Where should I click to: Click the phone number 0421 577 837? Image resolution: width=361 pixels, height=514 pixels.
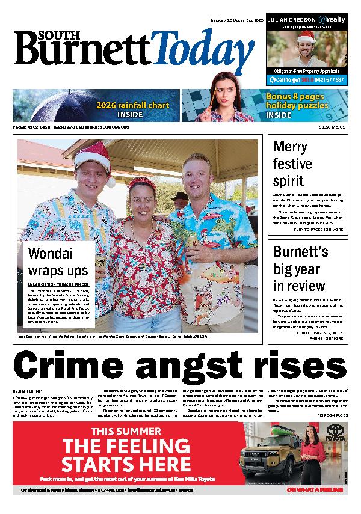point(323,79)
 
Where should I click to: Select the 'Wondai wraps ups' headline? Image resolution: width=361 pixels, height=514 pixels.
point(58,262)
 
